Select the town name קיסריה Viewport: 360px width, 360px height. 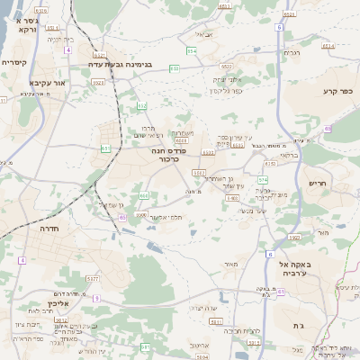click(15, 62)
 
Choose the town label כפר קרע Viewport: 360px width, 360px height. click(337, 91)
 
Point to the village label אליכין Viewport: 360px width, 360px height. click(56, 303)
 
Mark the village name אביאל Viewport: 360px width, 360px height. click(203, 35)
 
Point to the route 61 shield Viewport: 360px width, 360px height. click(282, 292)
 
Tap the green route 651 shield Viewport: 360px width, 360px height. click(106, 148)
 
